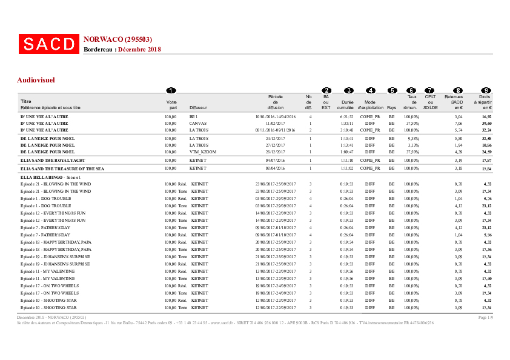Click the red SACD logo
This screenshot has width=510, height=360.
(48, 44)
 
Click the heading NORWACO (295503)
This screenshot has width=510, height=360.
(118, 39)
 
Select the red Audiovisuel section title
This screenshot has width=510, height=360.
(36, 80)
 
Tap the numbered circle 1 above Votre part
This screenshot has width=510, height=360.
(171, 90)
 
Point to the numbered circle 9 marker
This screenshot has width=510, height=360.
(486, 90)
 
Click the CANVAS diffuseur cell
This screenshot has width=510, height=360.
(198, 123)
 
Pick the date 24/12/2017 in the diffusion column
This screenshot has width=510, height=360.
(275, 138)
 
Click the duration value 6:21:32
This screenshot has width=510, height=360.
(347, 116)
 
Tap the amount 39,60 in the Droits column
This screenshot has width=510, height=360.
(486, 123)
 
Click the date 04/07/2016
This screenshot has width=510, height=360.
(275, 161)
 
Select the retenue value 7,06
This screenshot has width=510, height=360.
(459, 123)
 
